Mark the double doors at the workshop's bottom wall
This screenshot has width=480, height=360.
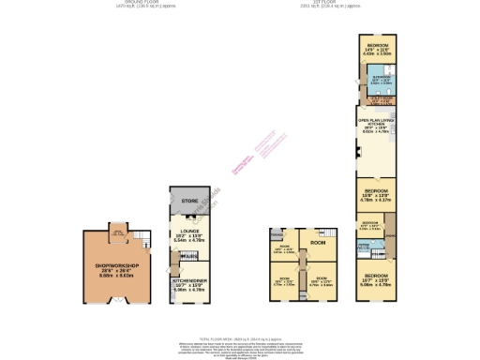[118, 302]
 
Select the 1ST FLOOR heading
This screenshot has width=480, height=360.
[345, 3]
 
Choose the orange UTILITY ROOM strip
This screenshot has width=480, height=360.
[377, 99]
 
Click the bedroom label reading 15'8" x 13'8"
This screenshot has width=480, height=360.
[376, 195]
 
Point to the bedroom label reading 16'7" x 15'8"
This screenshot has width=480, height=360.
[377, 277]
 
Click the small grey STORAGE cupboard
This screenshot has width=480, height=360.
[277, 234]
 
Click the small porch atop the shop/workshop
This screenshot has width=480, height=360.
[118, 229]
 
